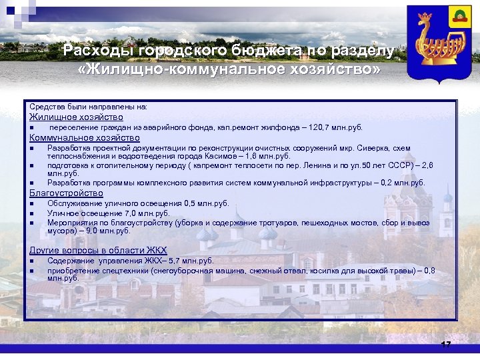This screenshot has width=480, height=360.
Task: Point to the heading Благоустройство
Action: [66, 193]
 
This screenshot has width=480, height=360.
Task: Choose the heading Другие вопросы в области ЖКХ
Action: [97, 250]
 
